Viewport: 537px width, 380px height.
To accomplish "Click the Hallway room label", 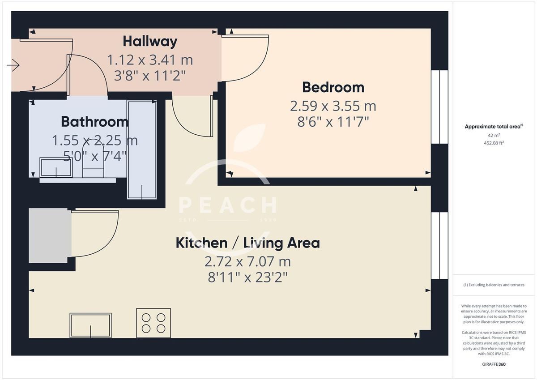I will pyautogui.click(x=150, y=42).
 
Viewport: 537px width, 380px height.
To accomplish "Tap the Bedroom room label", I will pyautogui.click(x=333, y=87).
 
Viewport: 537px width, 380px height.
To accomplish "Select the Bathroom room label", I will pyautogui.click(x=94, y=122).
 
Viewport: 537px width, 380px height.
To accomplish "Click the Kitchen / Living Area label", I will pyautogui.click(x=247, y=243).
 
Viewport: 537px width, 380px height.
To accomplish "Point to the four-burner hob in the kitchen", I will pyautogui.click(x=153, y=323).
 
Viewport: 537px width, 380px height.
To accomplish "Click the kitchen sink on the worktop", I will pyautogui.click(x=90, y=325).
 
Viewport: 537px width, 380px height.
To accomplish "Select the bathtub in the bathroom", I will pyautogui.click(x=142, y=149).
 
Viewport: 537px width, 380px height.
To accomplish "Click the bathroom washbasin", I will pyautogui.click(x=55, y=167).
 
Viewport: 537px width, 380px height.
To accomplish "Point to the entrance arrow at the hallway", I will pyautogui.click(x=13, y=66).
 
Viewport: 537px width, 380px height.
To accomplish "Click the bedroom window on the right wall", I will pyautogui.click(x=439, y=107).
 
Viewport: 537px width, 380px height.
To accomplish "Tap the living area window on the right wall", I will pyautogui.click(x=439, y=245).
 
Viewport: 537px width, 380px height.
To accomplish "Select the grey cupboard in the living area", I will pyautogui.click(x=50, y=235).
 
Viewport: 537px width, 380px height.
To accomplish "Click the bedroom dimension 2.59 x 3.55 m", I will pyautogui.click(x=333, y=106).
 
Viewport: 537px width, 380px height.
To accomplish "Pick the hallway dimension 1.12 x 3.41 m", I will pyautogui.click(x=150, y=60).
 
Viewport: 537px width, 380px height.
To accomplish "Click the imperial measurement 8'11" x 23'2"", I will pyautogui.click(x=247, y=278).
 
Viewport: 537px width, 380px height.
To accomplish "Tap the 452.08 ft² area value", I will pyautogui.click(x=494, y=143).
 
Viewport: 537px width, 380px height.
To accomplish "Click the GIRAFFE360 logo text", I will pyautogui.click(x=494, y=364).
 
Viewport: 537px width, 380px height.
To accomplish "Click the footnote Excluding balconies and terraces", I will pyautogui.click(x=494, y=285).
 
